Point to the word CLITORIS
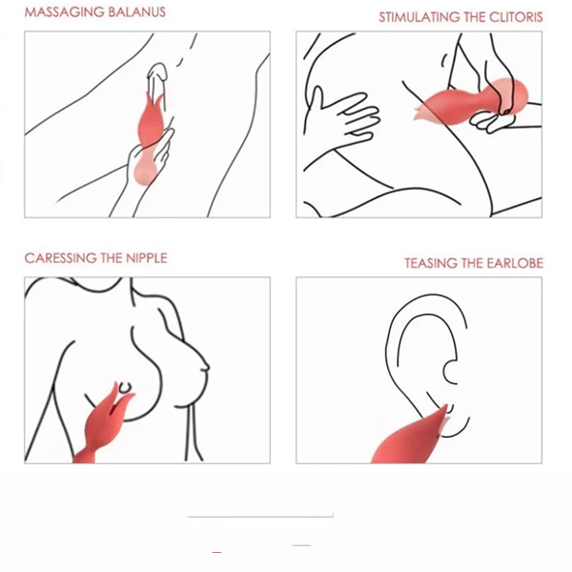(x=516, y=17)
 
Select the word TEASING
(x=430, y=263)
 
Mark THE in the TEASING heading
(x=474, y=263)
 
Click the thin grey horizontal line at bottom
(x=260, y=516)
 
